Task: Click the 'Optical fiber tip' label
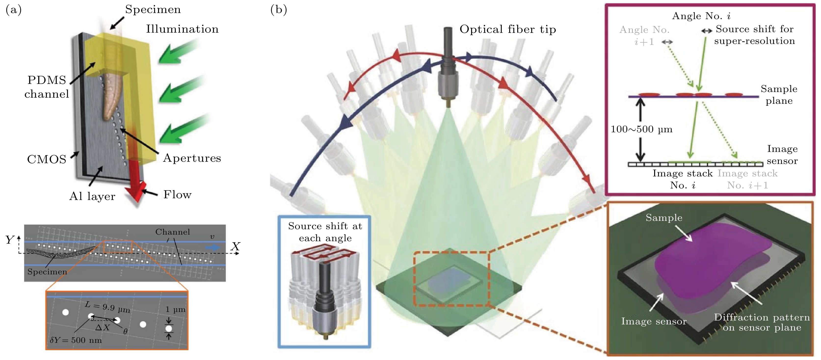pyautogui.click(x=507, y=29)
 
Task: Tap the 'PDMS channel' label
pyautogui.click(x=47, y=87)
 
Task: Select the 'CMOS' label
pyautogui.click(x=47, y=159)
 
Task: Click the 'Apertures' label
pyautogui.click(x=192, y=158)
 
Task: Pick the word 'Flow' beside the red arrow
pyautogui.click(x=177, y=195)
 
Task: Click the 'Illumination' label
pyautogui.click(x=182, y=29)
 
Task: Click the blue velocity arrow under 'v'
pyautogui.click(x=212, y=247)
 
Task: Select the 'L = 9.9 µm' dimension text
pyautogui.click(x=107, y=307)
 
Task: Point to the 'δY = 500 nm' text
pyautogui.click(x=76, y=340)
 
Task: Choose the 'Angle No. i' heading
pyautogui.click(x=701, y=16)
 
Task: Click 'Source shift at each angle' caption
pyautogui.click(x=325, y=232)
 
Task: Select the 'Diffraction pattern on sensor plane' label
pyautogui.click(x=762, y=322)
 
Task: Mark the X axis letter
pyautogui.click(x=236, y=246)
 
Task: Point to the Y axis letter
pyautogui.click(x=10, y=240)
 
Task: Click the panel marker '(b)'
pyautogui.click(x=278, y=10)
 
